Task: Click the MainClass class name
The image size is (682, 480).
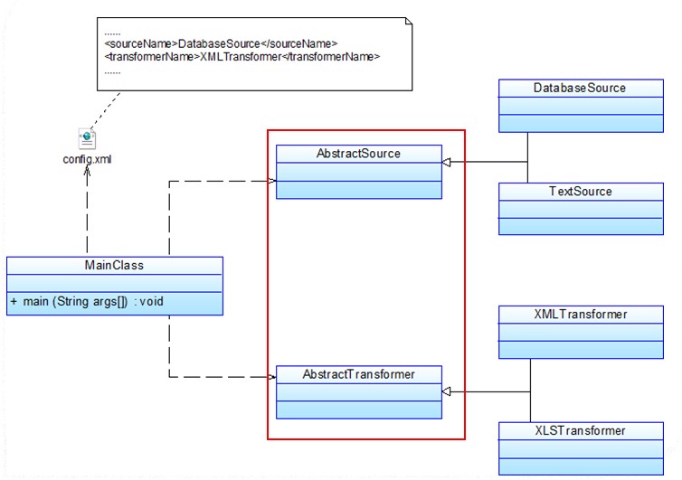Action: pos(115,266)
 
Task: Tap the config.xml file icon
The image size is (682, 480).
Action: pos(87,138)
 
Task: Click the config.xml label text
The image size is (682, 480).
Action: pos(87,159)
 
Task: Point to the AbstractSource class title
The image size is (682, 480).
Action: pos(358,154)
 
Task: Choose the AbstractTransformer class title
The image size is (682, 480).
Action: pos(358,374)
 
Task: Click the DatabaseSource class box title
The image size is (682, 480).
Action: pos(580,88)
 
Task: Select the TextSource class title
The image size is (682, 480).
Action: pos(580,192)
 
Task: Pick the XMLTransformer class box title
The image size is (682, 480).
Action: pos(580,315)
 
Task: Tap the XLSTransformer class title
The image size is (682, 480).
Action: pos(580,430)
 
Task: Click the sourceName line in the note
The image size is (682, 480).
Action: pos(221,43)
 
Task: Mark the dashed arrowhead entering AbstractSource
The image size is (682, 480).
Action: pos(271,181)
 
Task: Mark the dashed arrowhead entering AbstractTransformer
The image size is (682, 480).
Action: pos(271,376)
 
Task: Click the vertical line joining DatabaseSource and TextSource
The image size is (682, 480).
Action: pos(527,159)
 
